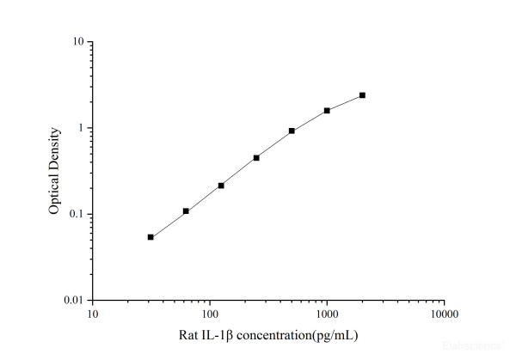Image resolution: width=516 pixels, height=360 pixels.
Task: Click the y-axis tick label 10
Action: click(x=77, y=42)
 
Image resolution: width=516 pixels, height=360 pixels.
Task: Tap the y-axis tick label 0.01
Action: click(x=74, y=300)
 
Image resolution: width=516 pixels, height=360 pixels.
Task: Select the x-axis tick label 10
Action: click(x=92, y=314)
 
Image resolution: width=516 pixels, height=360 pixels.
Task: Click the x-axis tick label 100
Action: click(x=209, y=314)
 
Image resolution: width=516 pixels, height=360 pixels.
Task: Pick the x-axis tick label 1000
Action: click(x=327, y=314)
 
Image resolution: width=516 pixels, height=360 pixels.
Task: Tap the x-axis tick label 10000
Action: click(x=444, y=314)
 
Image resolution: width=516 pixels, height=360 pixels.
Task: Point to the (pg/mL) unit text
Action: click(x=330, y=334)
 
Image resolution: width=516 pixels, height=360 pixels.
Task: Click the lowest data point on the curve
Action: click(x=150, y=237)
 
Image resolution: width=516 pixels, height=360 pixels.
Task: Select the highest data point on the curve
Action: click(x=362, y=95)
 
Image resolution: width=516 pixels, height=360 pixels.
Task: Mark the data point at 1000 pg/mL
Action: click(x=327, y=111)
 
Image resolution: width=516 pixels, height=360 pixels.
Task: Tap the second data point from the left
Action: click(x=186, y=211)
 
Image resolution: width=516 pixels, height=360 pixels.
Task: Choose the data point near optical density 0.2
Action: click(x=221, y=186)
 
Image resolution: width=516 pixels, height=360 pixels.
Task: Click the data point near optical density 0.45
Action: click(x=256, y=158)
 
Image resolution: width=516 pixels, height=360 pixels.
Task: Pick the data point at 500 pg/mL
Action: click(x=292, y=131)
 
